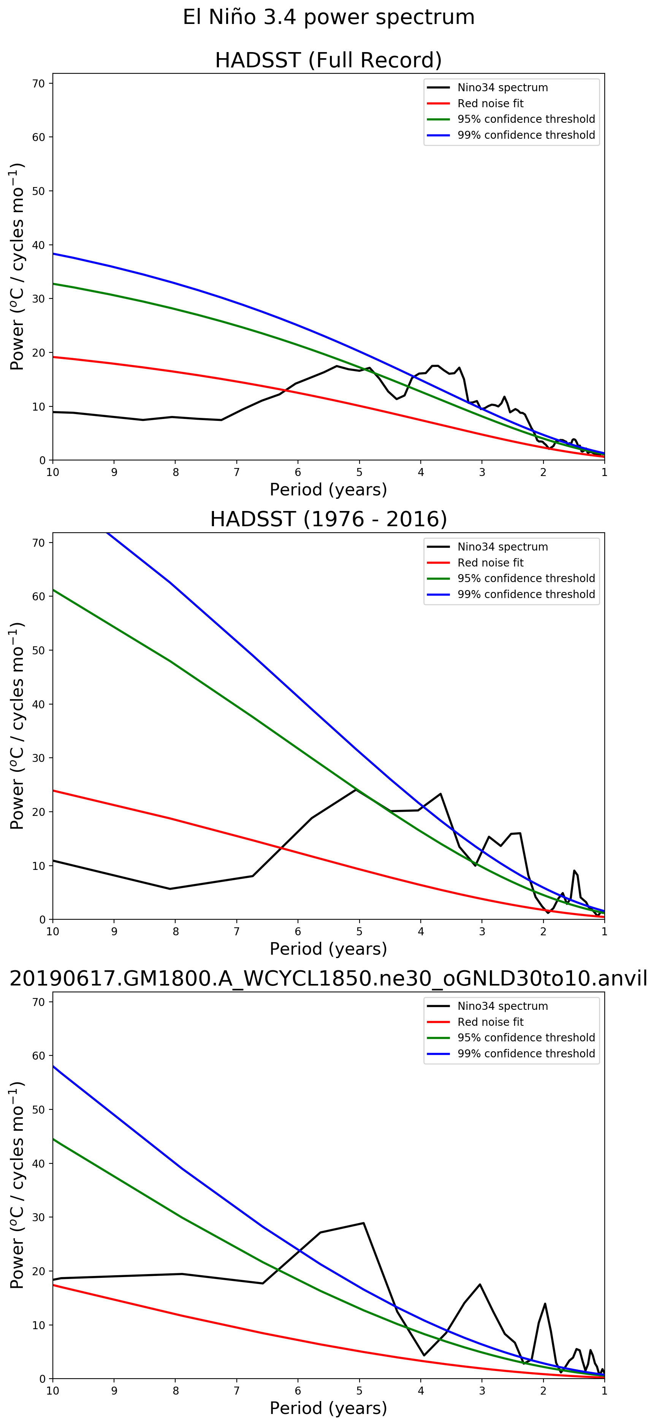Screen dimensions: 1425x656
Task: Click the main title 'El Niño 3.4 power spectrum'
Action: click(x=328, y=17)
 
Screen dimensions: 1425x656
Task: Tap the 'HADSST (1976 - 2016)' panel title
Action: click(x=328, y=519)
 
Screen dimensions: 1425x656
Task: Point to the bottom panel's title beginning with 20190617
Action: click(x=328, y=979)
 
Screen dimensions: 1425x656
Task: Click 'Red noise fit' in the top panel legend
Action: click(x=490, y=103)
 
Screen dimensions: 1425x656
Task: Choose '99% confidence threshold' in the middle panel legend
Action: click(x=526, y=594)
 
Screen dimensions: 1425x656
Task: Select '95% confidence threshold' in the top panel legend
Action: click(x=526, y=119)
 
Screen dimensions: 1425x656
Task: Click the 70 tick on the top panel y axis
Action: click(x=39, y=84)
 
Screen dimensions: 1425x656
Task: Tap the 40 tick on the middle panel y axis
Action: click(x=39, y=704)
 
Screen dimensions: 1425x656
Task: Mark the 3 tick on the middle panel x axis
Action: click(x=482, y=931)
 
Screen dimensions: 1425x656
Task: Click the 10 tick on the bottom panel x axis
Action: click(x=52, y=1391)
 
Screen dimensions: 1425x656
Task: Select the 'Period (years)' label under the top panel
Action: click(x=328, y=490)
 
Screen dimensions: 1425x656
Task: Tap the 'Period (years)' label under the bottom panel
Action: click(x=328, y=1408)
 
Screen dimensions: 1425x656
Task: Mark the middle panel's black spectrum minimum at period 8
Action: click(x=170, y=889)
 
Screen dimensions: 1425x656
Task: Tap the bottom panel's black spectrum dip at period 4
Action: click(x=424, y=1355)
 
